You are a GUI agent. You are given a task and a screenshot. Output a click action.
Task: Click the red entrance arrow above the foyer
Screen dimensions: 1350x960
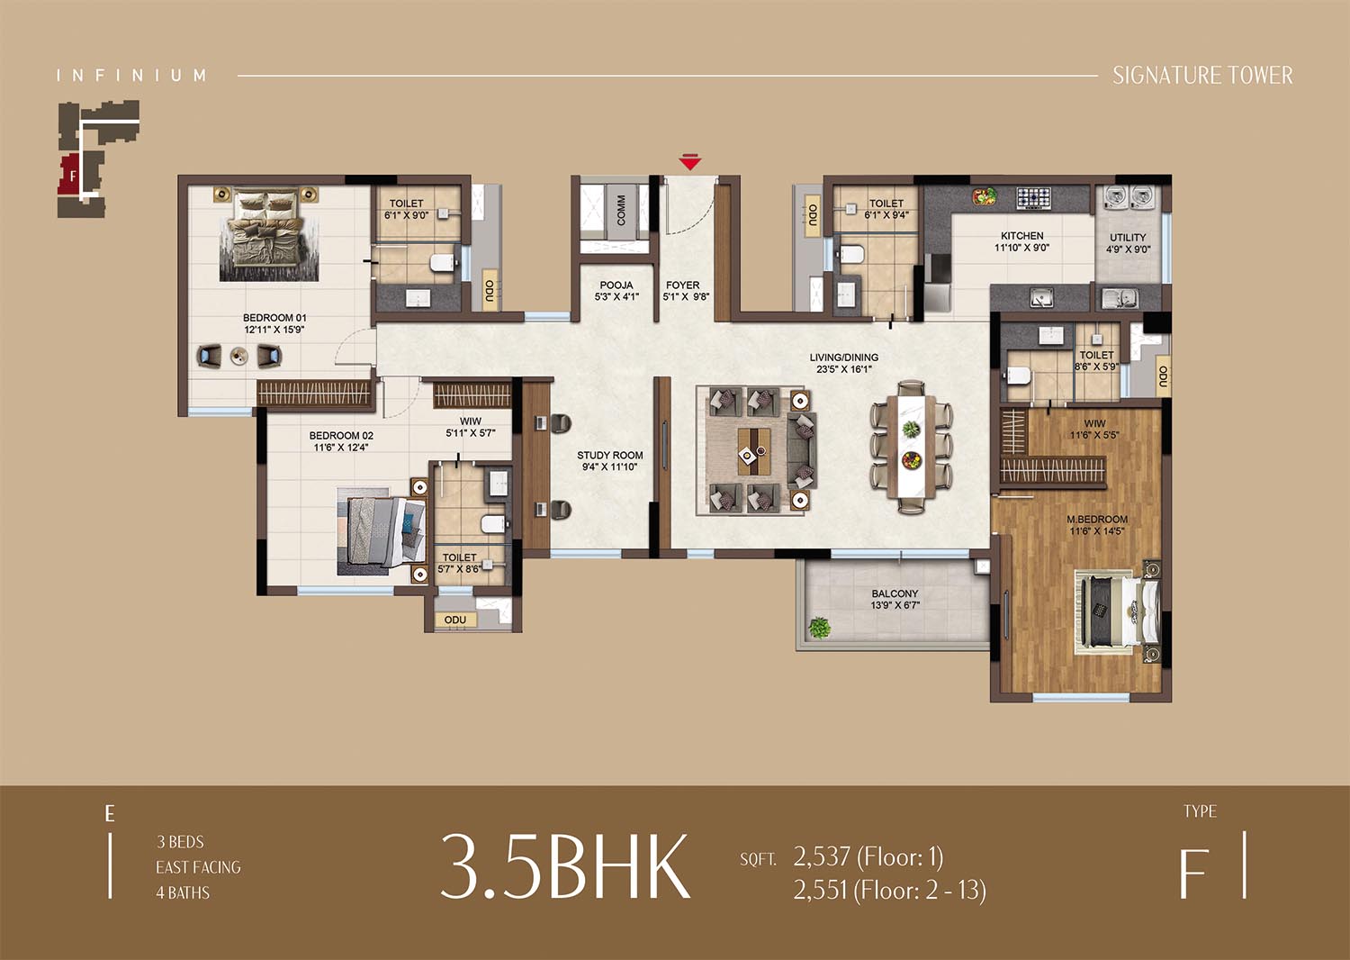tap(690, 162)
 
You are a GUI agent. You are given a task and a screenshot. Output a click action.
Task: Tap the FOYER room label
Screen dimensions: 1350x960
tap(683, 285)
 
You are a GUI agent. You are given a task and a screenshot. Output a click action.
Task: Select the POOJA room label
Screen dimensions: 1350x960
tap(616, 285)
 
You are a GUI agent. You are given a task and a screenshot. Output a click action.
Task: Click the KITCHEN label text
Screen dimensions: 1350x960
tap(1022, 236)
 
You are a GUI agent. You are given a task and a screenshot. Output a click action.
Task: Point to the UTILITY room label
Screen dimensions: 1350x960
tap(1129, 238)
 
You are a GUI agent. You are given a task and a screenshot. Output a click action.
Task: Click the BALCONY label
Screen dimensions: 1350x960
tap(895, 594)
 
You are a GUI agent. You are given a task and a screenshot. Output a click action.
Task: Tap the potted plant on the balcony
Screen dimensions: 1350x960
tap(819, 627)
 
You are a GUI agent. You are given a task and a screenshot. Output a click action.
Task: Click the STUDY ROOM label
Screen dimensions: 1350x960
tap(610, 456)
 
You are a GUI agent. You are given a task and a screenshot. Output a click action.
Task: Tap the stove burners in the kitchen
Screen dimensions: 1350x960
tap(1033, 197)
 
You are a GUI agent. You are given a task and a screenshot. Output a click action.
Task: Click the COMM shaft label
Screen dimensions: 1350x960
tap(621, 210)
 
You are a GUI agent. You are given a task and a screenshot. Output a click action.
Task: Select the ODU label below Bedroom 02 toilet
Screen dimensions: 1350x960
tap(455, 620)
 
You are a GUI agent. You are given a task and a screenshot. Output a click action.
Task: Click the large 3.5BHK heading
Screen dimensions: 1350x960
tap(565, 867)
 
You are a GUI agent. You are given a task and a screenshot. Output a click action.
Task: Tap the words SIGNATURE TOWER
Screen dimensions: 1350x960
tap(1202, 76)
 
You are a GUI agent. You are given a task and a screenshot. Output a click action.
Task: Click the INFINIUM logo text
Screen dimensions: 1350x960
tap(131, 76)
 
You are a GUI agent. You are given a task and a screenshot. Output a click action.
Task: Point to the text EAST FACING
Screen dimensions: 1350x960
tap(198, 867)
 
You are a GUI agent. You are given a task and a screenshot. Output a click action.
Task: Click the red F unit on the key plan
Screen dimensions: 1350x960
tap(70, 175)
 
